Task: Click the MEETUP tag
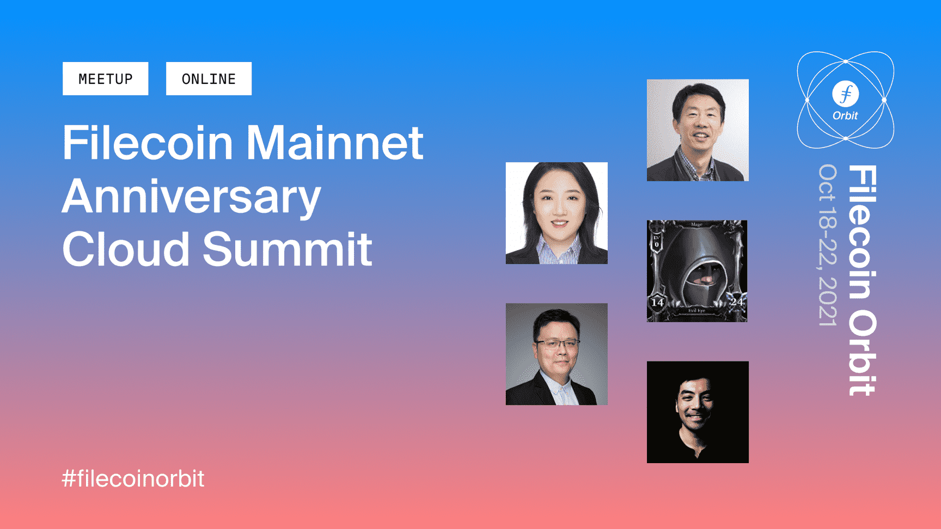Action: coord(105,78)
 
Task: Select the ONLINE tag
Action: coord(209,78)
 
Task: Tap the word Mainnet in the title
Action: coord(335,143)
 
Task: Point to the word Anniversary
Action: coord(192,198)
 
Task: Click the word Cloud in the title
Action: coord(126,249)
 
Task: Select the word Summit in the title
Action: coord(288,249)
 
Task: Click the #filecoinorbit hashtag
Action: coord(133,479)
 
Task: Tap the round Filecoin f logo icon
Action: coord(846,94)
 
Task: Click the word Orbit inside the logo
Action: coord(845,116)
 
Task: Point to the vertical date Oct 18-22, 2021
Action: coord(828,245)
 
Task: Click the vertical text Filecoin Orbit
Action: coord(863,280)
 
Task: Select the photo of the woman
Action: coord(557,213)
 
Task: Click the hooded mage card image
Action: coord(697,271)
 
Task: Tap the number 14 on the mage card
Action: coord(657,303)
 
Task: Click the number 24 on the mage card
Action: coord(737,302)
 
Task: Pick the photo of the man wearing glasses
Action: coord(557,354)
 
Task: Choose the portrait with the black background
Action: coord(698,412)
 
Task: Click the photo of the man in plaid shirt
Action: coord(698,130)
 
